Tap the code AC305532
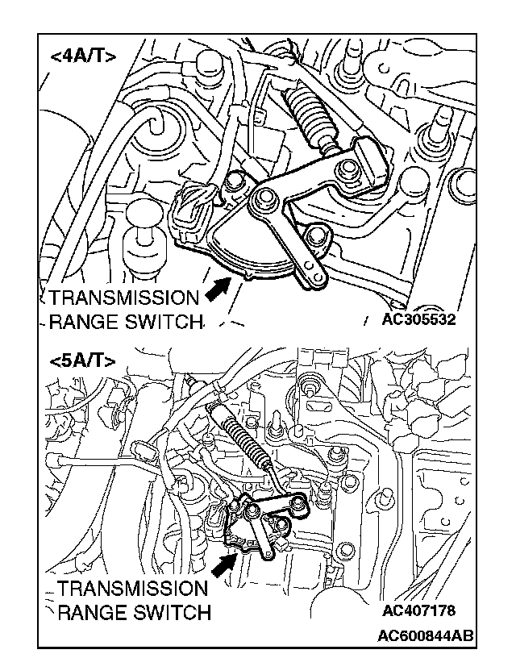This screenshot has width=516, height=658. [x=419, y=320]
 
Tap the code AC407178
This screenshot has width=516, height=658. [x=419, y=610]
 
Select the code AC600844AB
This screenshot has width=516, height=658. [x=426, y=636]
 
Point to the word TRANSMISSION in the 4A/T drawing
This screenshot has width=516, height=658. [x=123, y=297]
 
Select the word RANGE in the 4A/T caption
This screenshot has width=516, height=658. [x=81, y=323]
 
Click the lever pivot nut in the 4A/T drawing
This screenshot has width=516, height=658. [x=263, y=198]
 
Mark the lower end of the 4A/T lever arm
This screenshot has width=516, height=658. [x=314, y=277]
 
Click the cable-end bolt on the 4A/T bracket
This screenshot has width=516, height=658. [x=348, y=169]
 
